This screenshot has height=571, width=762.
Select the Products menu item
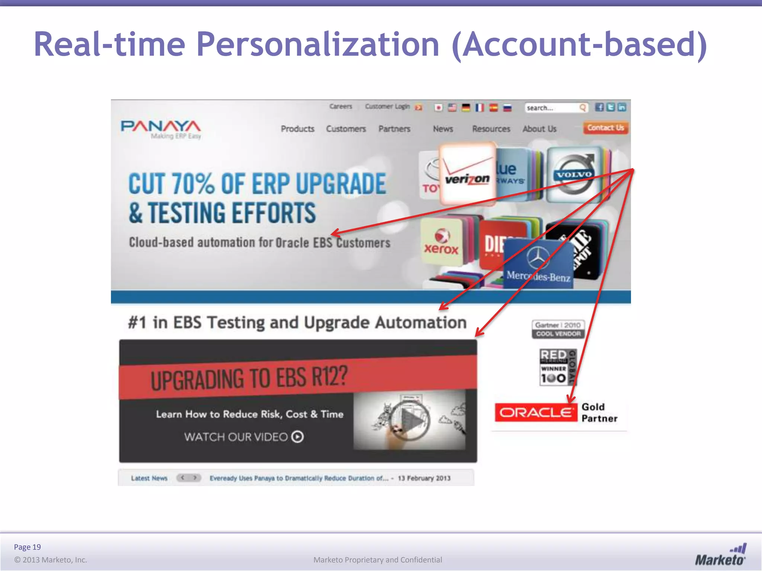tap(297, 129)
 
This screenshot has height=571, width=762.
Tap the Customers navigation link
tap(346, 129)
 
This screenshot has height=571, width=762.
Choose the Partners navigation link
tap(394, 129)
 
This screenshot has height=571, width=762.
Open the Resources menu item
tap(491, 129)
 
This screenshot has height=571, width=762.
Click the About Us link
tap(540, 129)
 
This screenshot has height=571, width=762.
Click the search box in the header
tap(553, 108)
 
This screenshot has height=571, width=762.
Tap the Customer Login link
tap(387, 107)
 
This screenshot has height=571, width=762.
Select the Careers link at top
tap(340, 107)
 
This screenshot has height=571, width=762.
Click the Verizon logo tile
tap(467, 174)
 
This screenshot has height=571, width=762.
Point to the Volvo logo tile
tap(574, 174)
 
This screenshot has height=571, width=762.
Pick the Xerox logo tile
tap(441, 242)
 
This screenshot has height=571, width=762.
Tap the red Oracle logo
tap(535, 412)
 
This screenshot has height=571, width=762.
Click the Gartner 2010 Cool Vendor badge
tap(558, 329)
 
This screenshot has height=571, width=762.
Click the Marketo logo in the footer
tap(720, 555)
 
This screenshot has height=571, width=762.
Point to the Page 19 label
tap(27, 547)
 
